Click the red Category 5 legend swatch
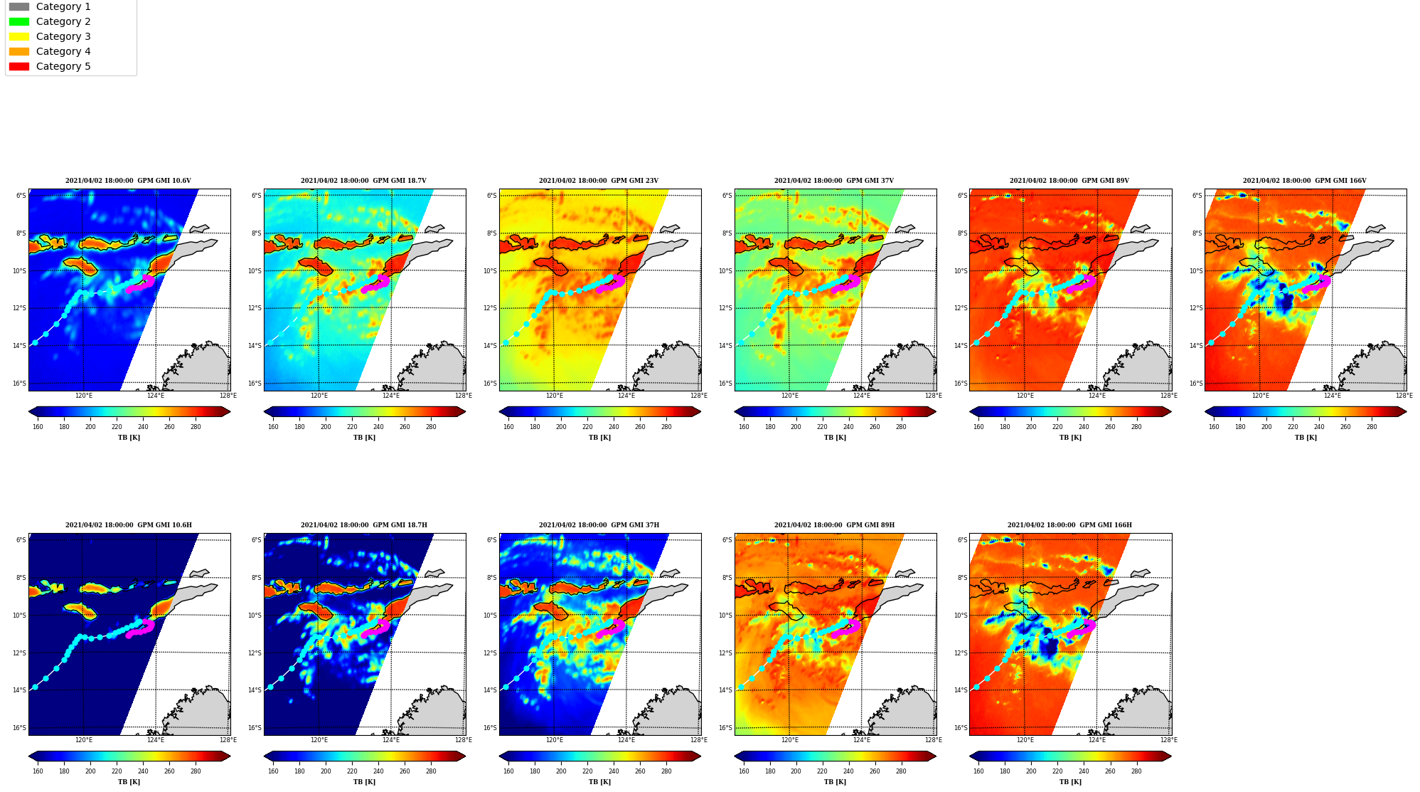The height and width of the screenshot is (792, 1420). (x=19, y=66)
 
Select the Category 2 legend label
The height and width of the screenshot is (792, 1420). (x=63, y=21)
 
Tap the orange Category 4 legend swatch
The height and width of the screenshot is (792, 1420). (x=19, y=51)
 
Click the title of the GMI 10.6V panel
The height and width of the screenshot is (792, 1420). (x=128, y=181)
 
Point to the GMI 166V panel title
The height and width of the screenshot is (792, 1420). (x=1305, y=181)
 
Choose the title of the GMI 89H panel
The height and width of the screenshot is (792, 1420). (x=834, y=525)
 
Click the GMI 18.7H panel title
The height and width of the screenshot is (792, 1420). (x=363, y=525)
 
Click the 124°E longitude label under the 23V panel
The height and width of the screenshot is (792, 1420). (x=626, y=396)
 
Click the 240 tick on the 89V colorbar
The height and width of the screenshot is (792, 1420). (x=1084, y=427)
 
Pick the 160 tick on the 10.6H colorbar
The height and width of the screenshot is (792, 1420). (x=38, y=771)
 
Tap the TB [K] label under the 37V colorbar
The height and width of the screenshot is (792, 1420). (x=835, y=438)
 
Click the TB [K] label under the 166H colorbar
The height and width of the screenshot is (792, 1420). (x=1070, y=782)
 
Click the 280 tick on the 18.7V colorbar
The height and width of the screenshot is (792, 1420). (x=431, y=427)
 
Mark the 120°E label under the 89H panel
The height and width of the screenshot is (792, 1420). (x=790, y=740)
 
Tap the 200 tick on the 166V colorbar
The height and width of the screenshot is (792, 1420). (x=1266, y=427)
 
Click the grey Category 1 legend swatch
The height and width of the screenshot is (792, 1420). (x=19, y=6)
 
